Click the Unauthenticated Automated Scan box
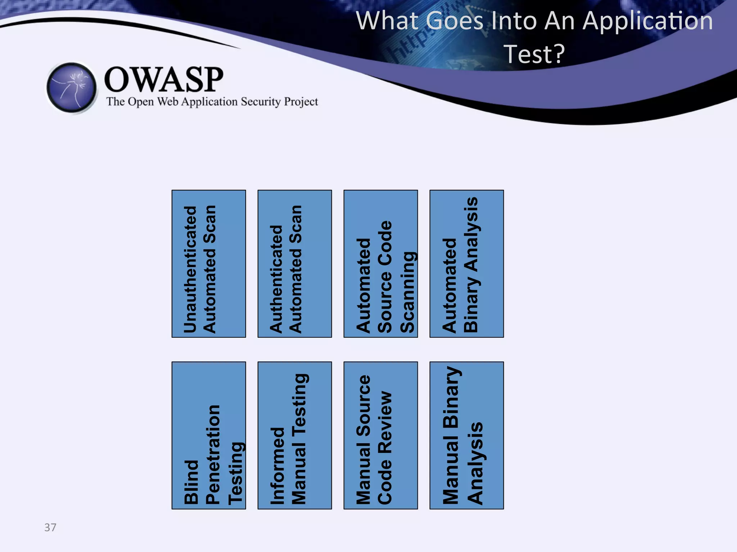209,263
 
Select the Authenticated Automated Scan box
295,263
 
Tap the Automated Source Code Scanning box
381,263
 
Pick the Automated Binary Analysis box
467,263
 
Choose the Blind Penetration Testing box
209,435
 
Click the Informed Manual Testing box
295,435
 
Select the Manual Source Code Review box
381,435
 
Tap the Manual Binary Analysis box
467,435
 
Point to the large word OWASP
164,79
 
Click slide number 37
50,527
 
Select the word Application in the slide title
647,21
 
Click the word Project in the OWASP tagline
301,102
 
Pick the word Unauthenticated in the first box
190,270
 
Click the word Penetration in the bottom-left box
213,455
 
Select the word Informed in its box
277,466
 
